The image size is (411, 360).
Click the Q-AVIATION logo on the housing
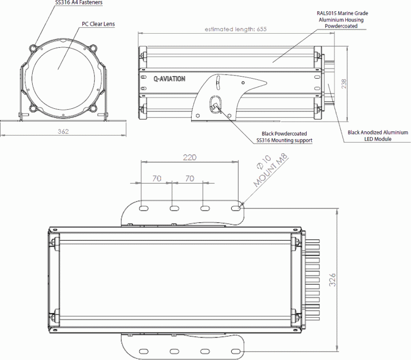click(x=170, y=79)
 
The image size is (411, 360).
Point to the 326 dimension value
click(x=332, y=279)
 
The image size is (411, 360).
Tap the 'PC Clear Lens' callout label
click(x=98, y=24)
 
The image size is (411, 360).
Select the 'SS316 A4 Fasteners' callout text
click(x=79, y=3)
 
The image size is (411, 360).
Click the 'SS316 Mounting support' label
click(x=284, y=140)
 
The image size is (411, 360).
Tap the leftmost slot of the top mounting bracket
click(x=143, y=208)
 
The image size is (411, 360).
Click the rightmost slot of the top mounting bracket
click(x=235, y=208)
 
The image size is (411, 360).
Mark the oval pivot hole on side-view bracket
click(x=215, y=103)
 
